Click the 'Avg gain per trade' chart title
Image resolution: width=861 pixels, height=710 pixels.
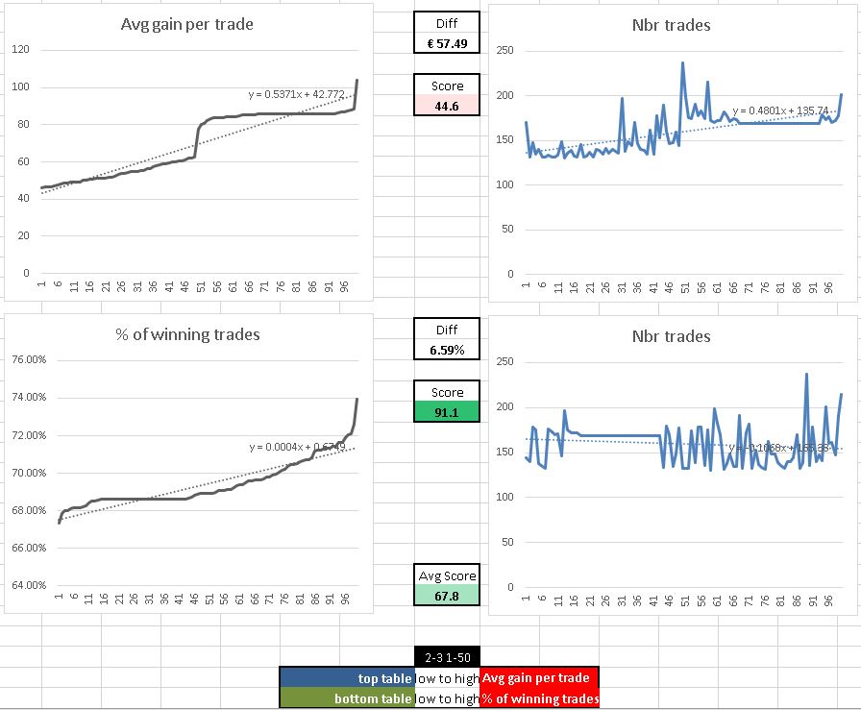pyautogui.click(x=187, y=24)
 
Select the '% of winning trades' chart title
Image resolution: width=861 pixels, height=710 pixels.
pyautogui.click(x=187, y=334)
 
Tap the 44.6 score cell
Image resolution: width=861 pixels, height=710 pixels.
pyautogui.click(x=447, y=106)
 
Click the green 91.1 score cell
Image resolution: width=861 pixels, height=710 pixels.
pyautogui.click(x=447, y=411)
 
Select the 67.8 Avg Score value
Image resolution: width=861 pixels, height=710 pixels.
pyautogui.click(x=447, y=596)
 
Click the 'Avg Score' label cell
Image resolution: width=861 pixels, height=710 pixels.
pyautogui.click(x=447, y=575)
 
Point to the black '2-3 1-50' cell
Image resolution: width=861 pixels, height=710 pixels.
pyautogui.click(x=447, y=656)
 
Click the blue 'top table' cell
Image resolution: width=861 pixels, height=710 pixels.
pyautogui.click(x=347, y=678)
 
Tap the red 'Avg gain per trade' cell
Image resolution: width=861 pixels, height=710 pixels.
pyautogui.click(x=539, y=678)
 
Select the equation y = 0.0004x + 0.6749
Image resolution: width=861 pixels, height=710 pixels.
pyautogui.click(x=297, y=447)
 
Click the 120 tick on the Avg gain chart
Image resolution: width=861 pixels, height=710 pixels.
pyautogui.click(x=20, y=49)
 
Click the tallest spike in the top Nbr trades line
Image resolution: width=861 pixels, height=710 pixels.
pyautogui.click(x=682, y=63)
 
